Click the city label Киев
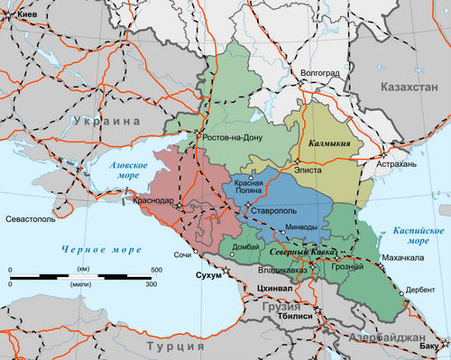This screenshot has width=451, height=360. (x=22, y=16)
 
